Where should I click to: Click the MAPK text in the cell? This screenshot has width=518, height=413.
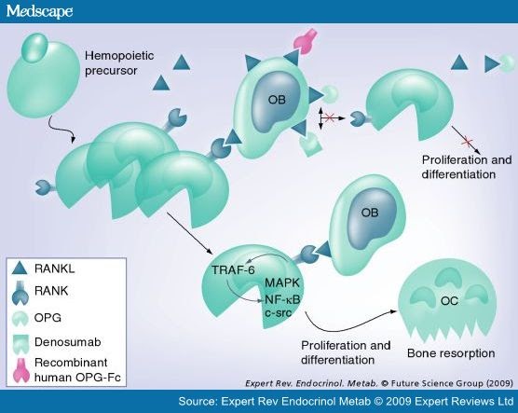pos(281,282)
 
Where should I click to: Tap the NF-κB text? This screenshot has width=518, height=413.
pos(281,297)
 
